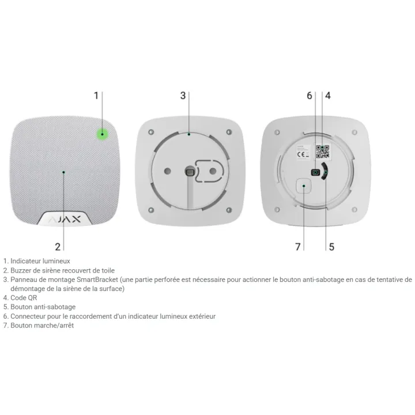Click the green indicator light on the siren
pos(102,134)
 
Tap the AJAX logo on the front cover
pos(65,219)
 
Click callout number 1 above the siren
pos(96,96)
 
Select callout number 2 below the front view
pos(58,247)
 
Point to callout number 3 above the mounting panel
pos(183,96)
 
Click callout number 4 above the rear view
pos(328,96)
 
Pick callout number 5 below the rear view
pos(331,247)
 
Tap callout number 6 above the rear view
pos(310,96)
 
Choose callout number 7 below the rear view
pos(298,247)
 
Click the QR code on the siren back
pos(323,152)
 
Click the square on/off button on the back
pos(303,186)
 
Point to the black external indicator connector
pos(315,172)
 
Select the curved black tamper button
pos(325,172)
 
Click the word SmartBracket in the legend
pos(97,280)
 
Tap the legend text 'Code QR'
pos(24,298)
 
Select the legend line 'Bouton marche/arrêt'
pos(42,325)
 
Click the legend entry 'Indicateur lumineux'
pos(40,261)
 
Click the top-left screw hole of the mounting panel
pos(151,132)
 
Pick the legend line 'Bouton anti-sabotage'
pos(43,307)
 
